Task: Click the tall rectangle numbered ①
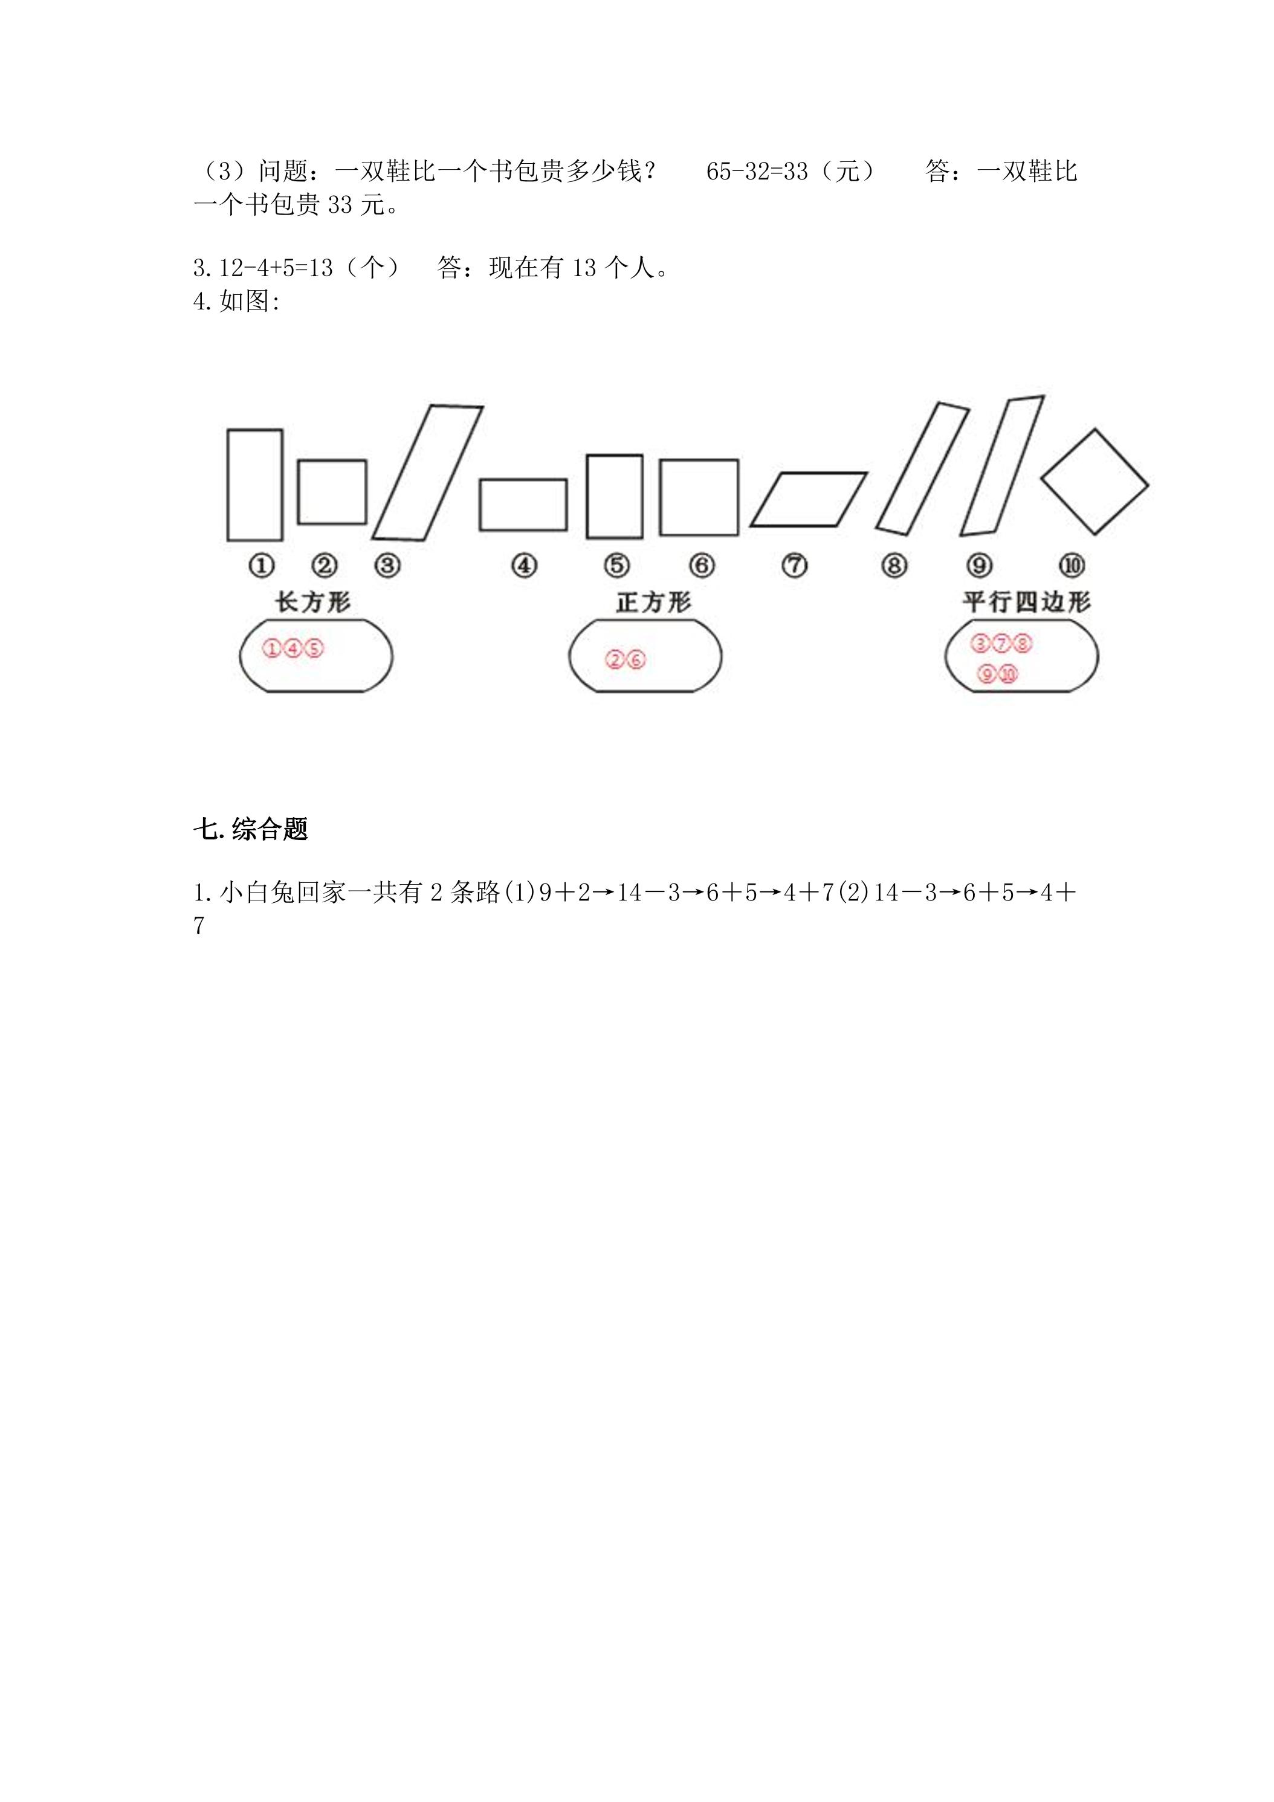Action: [228, 485]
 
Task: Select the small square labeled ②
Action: [299, 491]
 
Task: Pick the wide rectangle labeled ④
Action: [480, 505]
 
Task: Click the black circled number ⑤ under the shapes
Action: [617, 565]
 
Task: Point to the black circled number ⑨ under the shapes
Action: [980, 565]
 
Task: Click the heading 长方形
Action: [312, 602]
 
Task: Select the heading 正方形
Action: [653, 602]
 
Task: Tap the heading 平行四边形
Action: [1027, 602]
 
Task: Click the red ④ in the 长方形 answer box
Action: [292, 648]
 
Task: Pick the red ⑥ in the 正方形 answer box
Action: [636, 660]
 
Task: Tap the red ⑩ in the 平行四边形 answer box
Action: [1008, 673]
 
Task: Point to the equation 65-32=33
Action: [757, 171]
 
